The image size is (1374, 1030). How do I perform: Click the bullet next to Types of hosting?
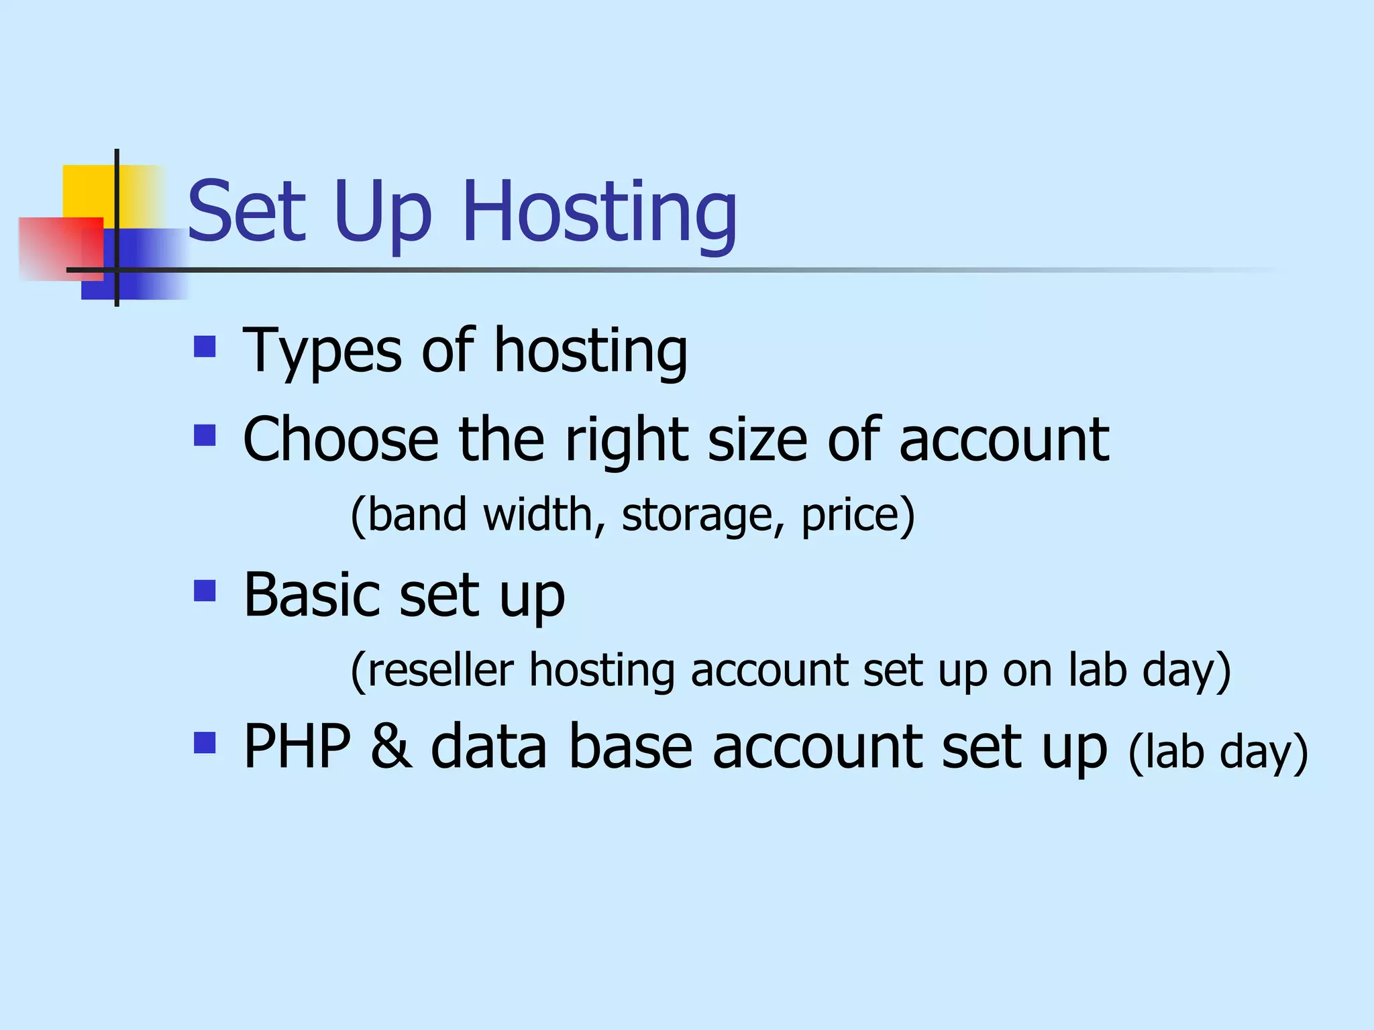[205, 347]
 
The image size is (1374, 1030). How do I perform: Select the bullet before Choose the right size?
[205, 436]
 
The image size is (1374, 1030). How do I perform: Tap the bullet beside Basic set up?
[205, 591]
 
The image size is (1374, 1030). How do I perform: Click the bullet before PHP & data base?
[205, 743]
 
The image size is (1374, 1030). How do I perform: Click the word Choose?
[340, 439]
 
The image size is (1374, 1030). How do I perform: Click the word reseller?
[440, 670]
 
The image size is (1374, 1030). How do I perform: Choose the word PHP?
[297, 746]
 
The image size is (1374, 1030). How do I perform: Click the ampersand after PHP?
[391, 746]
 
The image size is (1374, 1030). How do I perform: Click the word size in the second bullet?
[757, 441]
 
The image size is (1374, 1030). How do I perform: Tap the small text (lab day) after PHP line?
[1218, 752]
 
